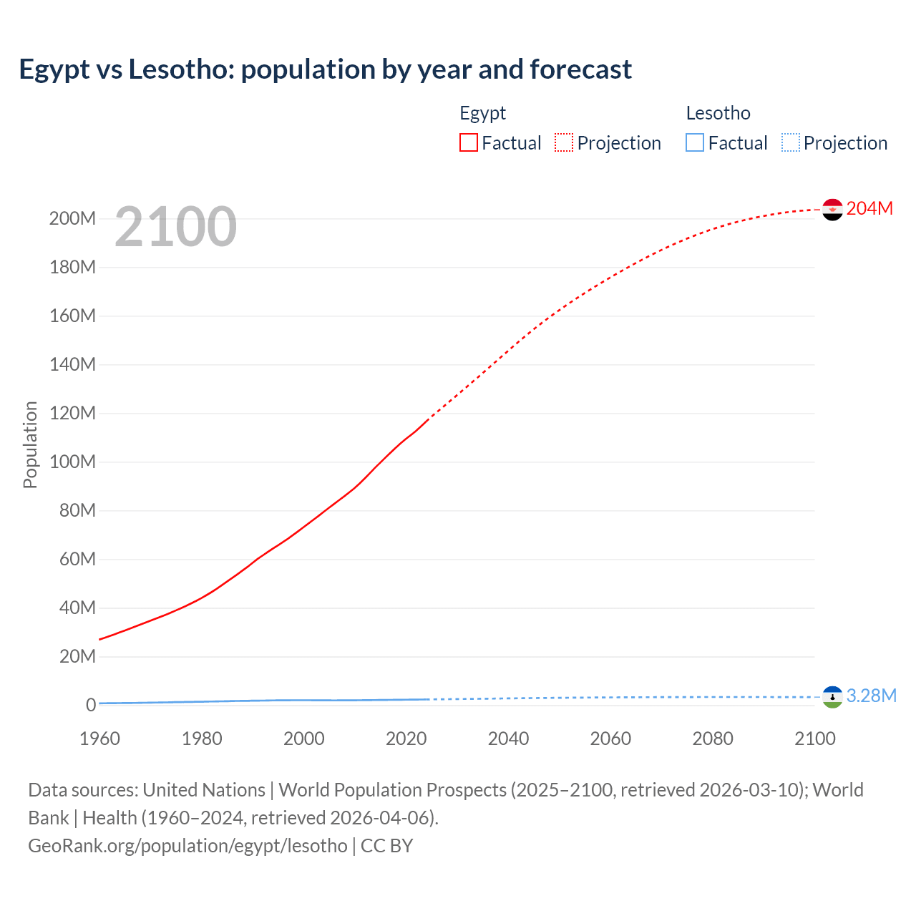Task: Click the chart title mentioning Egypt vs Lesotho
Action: click(x=325, y=69)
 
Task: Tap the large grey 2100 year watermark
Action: click(x=175, y=226)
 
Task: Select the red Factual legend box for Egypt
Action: click(x=468, y=142)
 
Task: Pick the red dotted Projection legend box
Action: click(x=564, y=142)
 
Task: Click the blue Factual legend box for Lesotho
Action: click(x=695, y=142)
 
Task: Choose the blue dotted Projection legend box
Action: click(x=790, y=142)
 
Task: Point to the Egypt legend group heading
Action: click(x=482, y=113)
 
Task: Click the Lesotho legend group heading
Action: click(x=718, y=113)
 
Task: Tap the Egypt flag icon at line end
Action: click(x=832, y=209)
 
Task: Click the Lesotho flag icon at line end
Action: click(x=832, y=696)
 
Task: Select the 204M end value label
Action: click(x=869, y=208)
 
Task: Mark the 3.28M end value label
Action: click(x=871, y=696)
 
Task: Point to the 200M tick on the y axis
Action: click(x=72, y=218)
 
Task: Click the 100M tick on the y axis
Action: click(x=72, y=462)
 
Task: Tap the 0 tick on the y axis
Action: click(x=91, y=705)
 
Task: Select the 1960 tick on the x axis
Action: click(x=99, y=739)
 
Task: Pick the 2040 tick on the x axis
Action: click(x=508, y=739)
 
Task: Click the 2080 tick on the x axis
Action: click(x=713, y=739)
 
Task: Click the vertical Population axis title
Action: click(x=30, y=444)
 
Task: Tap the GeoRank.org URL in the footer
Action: click(x=187, y=845)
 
